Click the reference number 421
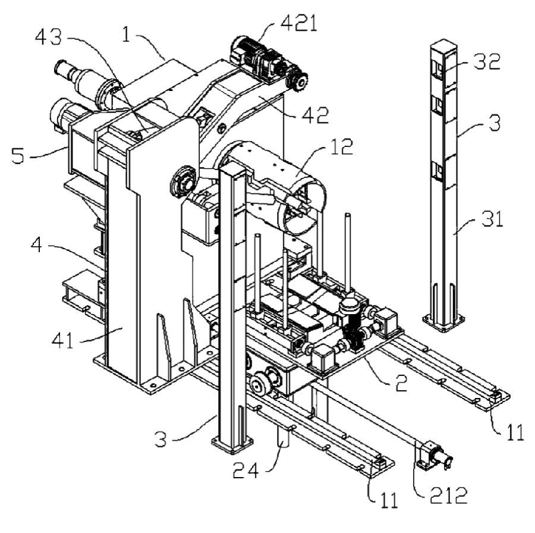click(299, 23)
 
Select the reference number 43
click(49, 37)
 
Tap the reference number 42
click(316, 115)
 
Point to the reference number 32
click(487, 61)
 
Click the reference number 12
click(342, 146)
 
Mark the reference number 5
click(18, 156)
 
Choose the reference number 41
click(63, 340)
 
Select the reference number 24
click(246, 471)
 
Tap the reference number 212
click(448, 496)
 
